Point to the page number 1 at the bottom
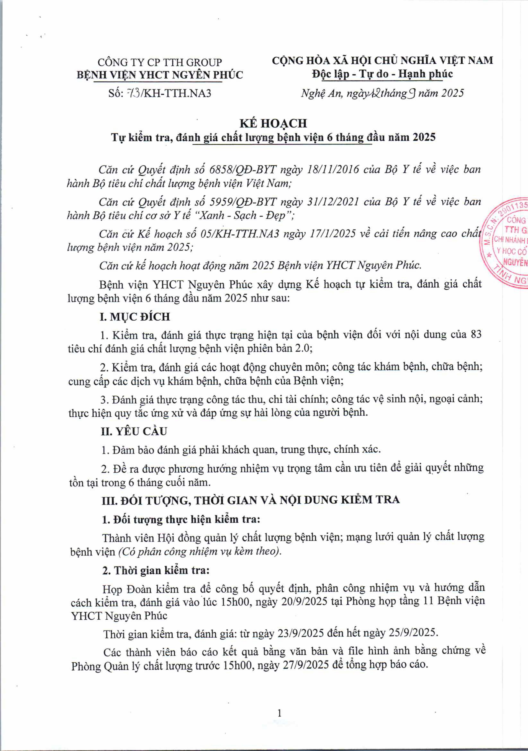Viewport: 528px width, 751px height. coord(279,713)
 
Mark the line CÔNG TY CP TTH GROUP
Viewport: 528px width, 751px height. coord(160,62)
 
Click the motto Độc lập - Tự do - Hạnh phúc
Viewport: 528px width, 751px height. coord(382,74)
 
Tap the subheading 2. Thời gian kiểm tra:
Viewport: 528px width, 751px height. coord(156,570)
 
